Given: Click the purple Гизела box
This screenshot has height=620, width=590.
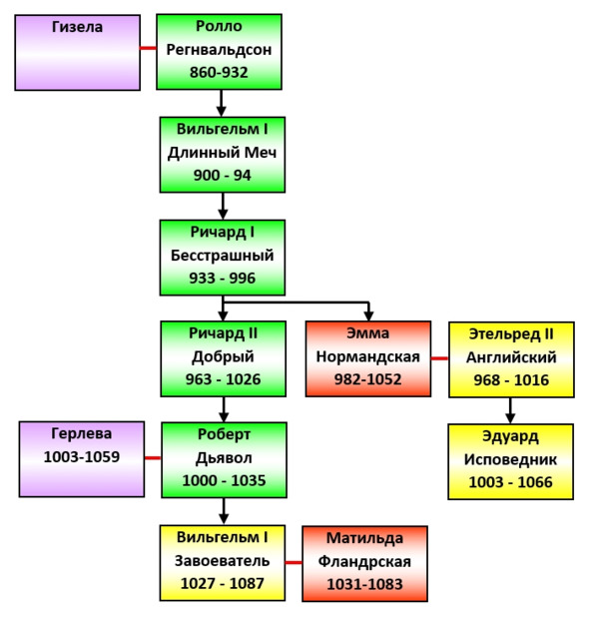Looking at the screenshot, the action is point(78,53).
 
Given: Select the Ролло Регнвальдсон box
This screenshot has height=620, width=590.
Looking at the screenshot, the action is point(219,52).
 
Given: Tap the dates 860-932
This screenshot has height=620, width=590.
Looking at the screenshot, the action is point(219,72).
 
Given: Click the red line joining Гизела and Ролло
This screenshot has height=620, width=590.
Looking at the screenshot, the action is point(149,48).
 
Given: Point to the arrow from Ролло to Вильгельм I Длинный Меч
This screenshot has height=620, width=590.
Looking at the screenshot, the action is point(222,103).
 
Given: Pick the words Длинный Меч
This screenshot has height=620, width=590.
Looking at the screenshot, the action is point(223,153).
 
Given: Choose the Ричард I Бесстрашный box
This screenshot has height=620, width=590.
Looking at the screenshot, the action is point(223,258).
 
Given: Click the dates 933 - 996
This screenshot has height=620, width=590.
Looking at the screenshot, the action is point(223,278).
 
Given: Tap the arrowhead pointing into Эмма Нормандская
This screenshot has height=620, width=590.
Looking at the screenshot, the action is point(368,315).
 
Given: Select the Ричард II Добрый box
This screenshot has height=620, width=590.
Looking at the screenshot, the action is point(224,358).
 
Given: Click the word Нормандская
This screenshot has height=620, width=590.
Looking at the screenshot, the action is point(368,357).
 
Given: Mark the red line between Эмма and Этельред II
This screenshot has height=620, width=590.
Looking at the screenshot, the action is point(439,358).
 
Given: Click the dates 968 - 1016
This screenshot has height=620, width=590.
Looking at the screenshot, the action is point(511,380).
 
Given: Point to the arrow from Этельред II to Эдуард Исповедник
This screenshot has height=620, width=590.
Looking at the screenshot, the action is point(510,410).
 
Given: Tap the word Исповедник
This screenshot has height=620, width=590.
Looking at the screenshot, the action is point(510,460).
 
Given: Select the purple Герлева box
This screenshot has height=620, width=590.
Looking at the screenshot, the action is point(82,459).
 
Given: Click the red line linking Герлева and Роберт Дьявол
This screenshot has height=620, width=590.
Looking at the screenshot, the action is point(153,458).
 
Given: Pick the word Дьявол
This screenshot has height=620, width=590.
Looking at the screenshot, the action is point(224,458).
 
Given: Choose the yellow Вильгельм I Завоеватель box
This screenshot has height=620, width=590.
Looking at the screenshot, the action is point(223,563).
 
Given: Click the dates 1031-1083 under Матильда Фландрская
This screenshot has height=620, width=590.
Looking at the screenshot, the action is point(364,584).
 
